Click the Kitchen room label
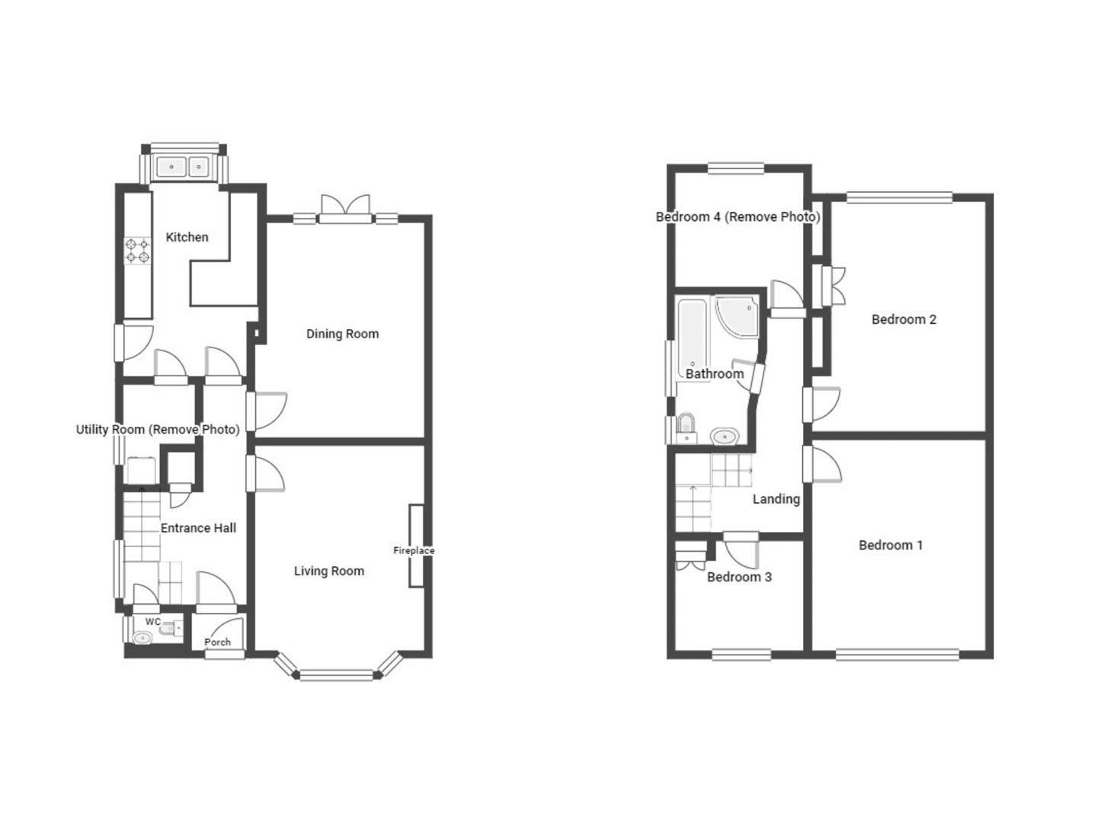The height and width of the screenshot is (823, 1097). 187,237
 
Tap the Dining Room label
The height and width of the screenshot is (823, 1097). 342,334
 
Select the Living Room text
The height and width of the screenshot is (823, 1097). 329,571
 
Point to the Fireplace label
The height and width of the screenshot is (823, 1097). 414,550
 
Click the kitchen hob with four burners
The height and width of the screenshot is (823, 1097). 138,251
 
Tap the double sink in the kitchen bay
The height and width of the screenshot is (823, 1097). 184,166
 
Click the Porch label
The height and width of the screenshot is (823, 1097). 218,642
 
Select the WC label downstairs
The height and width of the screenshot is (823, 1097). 153,622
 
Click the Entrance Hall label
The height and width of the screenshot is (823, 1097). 198,527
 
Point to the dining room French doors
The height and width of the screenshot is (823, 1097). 345,208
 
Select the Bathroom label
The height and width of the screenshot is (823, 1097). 715,373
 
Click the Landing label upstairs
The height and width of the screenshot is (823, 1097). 776,499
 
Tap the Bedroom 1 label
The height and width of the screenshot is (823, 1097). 891,545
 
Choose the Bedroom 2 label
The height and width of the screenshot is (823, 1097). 904,319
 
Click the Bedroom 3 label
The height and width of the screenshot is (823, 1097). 739,577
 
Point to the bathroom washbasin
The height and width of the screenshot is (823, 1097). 724,437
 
